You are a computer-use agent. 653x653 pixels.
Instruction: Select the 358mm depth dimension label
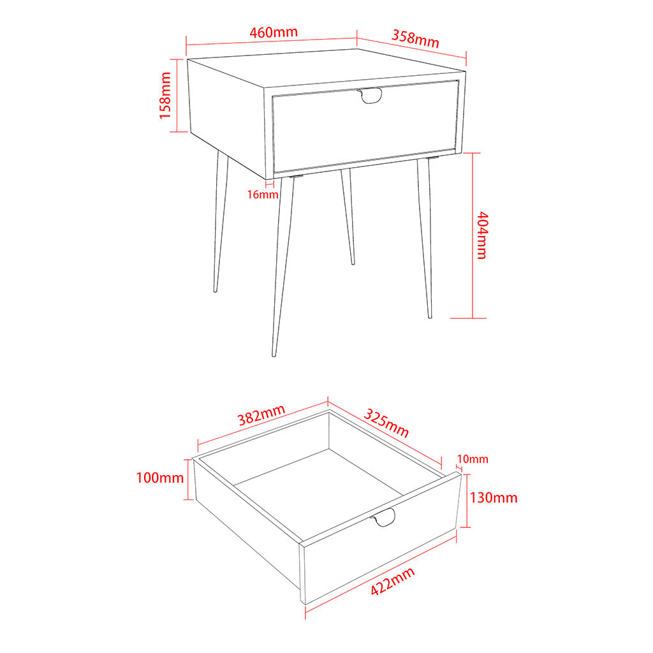415,39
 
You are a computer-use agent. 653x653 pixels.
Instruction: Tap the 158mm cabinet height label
165,95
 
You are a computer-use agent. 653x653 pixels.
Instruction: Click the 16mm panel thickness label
263,194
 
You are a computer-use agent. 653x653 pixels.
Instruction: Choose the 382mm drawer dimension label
261,416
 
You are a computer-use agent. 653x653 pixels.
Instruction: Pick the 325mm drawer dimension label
386,422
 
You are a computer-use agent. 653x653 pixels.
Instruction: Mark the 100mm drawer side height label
159,478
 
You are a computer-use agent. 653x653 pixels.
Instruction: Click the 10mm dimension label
473,459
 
